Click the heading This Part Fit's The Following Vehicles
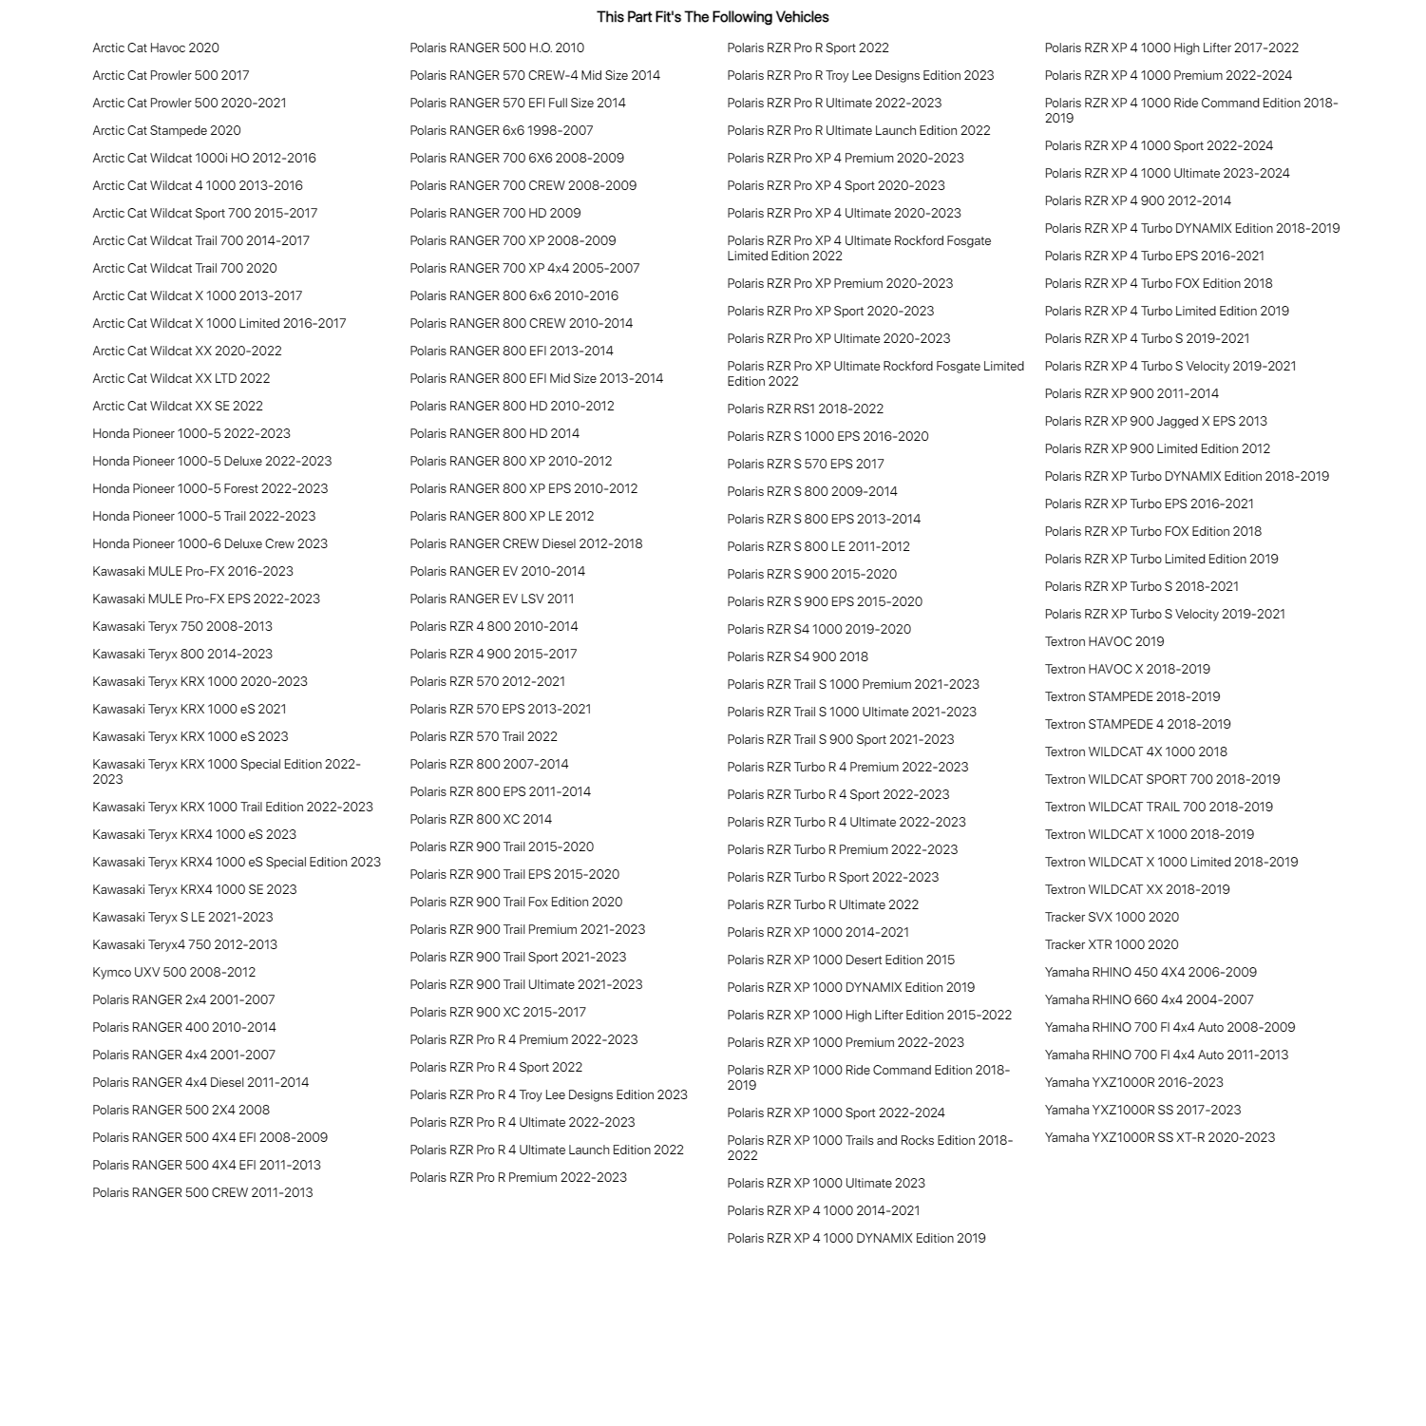[x=713, y=17]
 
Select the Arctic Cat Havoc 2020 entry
[x=156, y=48]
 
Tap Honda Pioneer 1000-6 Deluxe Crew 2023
[x=210, y=543]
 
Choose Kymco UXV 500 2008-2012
[x=174, y=972]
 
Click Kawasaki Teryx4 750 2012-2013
[x=185, y=944]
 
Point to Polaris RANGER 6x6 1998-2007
[x=502, y=130]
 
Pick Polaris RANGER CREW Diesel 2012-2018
[x=526, y=543]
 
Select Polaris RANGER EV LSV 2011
[x=492, y=599]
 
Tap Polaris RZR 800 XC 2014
[x=481, y=819]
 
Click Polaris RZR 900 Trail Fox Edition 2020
[x=517, y=902]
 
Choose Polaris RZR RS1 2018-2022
[x=806, y=409]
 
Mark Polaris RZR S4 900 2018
[x=798, y=656]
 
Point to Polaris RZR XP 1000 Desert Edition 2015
[x=841, y=960]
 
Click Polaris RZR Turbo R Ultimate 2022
[x=823, y=904]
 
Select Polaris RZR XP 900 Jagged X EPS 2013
[x=1156, y=421]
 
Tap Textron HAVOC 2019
[x=1105, y=641]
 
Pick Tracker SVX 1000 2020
[x=1112, y=917]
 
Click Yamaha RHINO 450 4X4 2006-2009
[x=1150, y=972]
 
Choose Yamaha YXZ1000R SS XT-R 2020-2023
[x=1160, y=1137]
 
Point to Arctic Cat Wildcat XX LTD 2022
[x=181, y=378]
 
